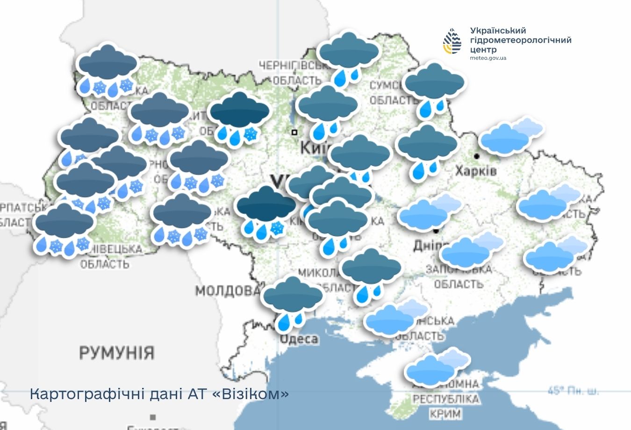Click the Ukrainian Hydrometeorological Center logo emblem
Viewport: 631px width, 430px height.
click(x=452, y=41)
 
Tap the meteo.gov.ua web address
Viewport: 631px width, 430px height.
click(x=488, y=58)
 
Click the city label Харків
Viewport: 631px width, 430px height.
click(x=476, y=171)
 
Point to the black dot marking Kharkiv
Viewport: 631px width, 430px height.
click(x=477, y=156)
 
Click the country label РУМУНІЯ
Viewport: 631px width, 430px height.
click(x=116, y=352)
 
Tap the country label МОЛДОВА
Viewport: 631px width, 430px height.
click(x=227, y=291)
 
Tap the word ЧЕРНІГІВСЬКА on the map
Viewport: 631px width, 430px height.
click(x=289, y=66)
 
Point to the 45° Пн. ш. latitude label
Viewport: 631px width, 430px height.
click(x=573, y=390)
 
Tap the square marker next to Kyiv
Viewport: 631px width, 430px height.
click(x=294, y=132)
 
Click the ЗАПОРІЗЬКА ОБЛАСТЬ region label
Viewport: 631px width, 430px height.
click(x=458, y=277)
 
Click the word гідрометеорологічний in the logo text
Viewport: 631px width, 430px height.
click(x=521, y=40)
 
